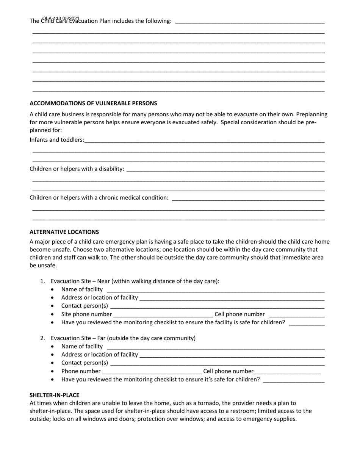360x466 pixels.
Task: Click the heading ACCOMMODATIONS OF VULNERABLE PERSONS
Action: click(93, 103)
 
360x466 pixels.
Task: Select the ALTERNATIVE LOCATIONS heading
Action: click(64, 232)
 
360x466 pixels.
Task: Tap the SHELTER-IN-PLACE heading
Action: click(54, 395)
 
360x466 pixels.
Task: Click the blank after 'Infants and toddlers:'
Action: click(205, 140)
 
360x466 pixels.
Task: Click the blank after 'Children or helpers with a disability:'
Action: click(225, 169)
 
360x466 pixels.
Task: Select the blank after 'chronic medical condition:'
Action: click(248, 198)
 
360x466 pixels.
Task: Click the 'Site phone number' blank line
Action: click(163, 314)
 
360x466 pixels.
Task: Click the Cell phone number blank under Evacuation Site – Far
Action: click(288, 371)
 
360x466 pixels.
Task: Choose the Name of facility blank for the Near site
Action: click(216, 290)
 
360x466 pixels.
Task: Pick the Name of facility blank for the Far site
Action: click(216, 347)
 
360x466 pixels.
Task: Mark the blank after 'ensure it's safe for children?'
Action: click(294, 380)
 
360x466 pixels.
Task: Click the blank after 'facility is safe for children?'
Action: click(307, 323)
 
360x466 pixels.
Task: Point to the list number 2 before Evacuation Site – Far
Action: click(42, 338)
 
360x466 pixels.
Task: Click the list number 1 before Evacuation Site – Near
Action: click(42, 281)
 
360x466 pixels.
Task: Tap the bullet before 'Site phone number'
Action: click(52, 314)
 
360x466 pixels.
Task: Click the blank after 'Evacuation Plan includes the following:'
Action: click(250, 21)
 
